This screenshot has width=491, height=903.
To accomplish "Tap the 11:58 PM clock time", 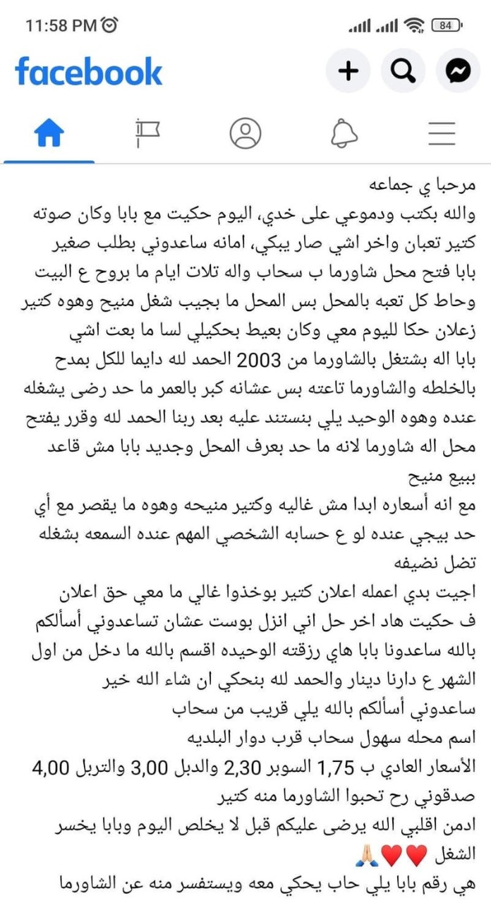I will (x=61, y=25).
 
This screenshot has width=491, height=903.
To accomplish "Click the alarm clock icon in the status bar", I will (x=110, y=25).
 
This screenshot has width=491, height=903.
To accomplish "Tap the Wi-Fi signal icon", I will (x=416, y=25).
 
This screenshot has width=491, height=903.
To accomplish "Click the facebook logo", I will (x=89, y=71).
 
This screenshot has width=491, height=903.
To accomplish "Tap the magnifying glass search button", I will (x=403, y=71).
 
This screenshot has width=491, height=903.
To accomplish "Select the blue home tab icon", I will (x=49, y=133).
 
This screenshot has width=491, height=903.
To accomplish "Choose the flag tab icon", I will (x=147, y=133).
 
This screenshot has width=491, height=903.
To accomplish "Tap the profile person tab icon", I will (x=245, y=133).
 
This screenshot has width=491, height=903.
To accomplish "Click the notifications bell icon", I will (x=344, y=133).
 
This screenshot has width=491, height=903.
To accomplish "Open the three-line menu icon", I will (x=442, y=133).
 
